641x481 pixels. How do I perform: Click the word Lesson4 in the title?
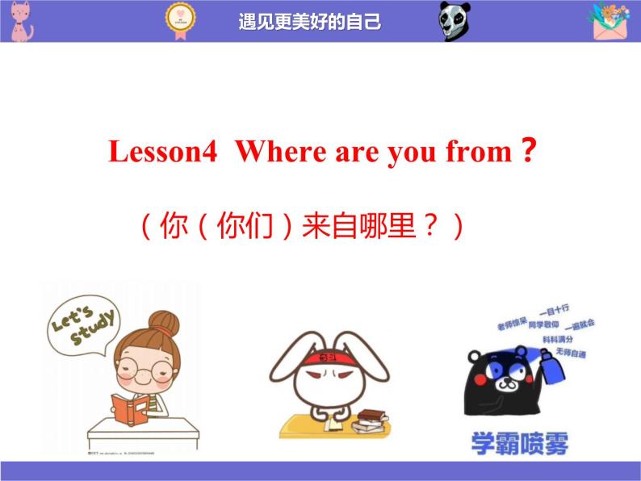click(x=163, y=152)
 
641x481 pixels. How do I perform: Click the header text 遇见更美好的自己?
click(x=310, y=22)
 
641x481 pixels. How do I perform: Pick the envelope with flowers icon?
click(x=614, y=22)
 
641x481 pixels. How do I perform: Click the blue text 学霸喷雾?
click(x=520, y=443)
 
